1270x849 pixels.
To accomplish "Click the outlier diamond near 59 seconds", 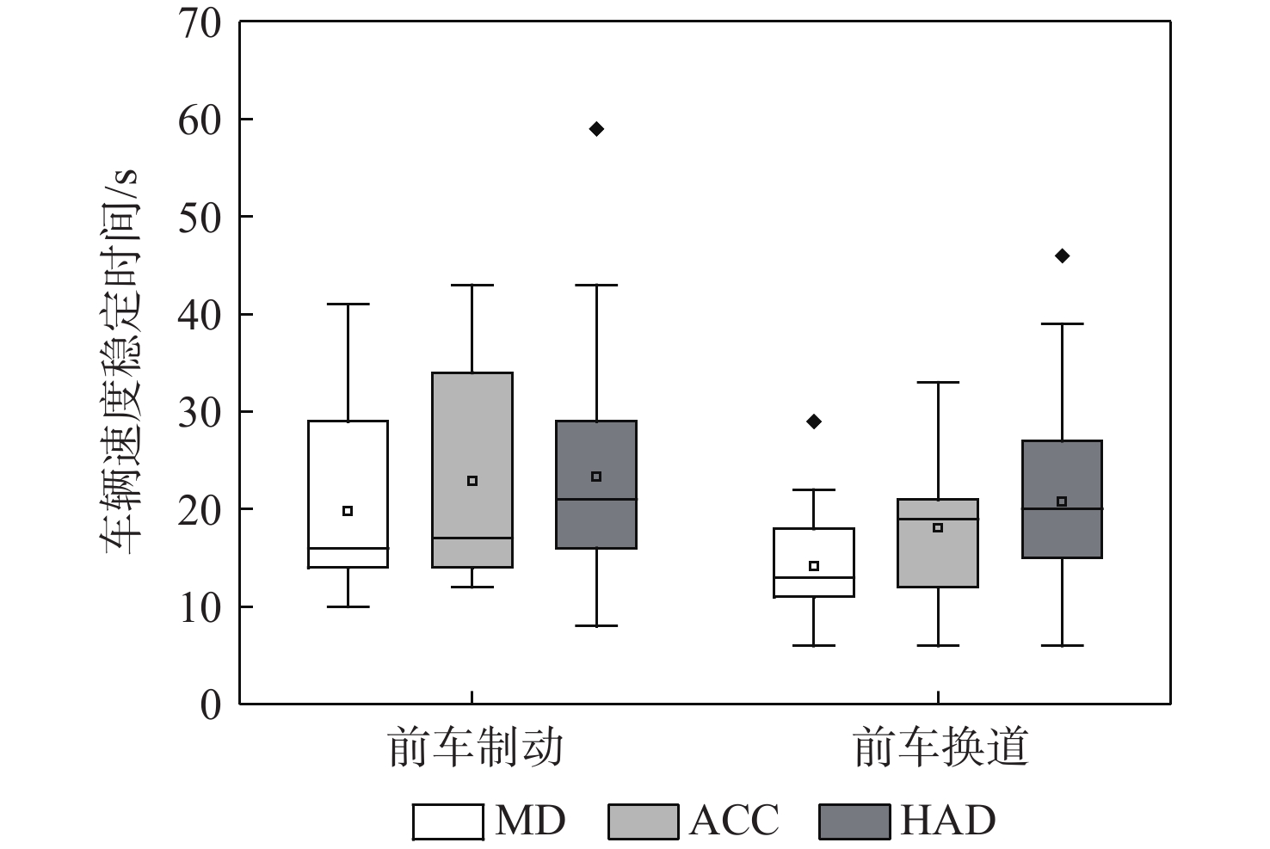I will pos(596,129).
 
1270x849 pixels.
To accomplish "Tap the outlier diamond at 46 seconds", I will pos(1062,255).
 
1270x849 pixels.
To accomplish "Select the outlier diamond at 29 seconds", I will pos(814,421).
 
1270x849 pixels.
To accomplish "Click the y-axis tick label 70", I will pos(199,23).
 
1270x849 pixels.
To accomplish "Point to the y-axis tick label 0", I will pos(211,705).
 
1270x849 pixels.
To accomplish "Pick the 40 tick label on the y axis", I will pos(199,315).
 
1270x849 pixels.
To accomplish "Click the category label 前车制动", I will pos(476,747).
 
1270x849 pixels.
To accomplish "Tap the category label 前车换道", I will pos(941,747).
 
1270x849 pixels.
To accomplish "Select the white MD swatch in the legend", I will pos(447,821).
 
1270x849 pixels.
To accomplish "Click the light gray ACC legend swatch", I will pos(643,821).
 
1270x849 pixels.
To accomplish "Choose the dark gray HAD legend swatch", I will pos(854,821).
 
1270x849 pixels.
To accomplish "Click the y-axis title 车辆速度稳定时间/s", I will pos(121,362).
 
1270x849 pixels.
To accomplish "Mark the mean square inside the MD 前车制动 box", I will pos(348,511).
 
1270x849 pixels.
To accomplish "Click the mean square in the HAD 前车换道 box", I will pos(1062,501).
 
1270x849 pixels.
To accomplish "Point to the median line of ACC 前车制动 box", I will pos(472,538).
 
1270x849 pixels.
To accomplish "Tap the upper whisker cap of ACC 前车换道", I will pos(938,382).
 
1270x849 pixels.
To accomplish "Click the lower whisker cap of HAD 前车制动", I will pos(596,626).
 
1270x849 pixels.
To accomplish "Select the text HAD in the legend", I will pos(948,821).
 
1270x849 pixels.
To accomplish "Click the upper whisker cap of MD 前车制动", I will pos(348,304).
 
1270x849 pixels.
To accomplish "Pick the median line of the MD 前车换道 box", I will pos(814,577).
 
